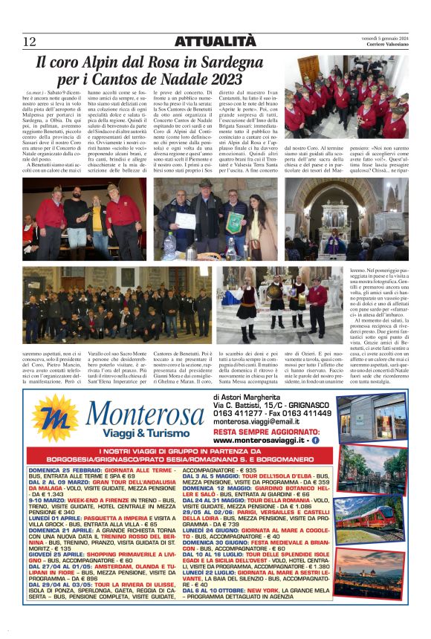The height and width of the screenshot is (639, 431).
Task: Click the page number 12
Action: point(29,41)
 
